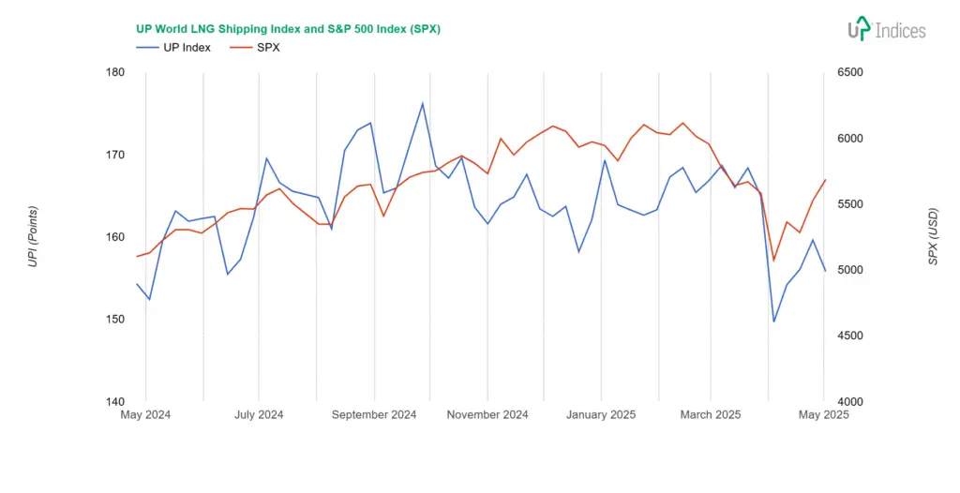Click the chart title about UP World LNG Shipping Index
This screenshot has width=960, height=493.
click(x=288, y=29)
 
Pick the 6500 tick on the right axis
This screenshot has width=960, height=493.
click(x=847, y=72)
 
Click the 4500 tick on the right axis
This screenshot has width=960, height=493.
click(x=847, y=336)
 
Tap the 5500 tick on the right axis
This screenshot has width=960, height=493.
click(x=847, y=204)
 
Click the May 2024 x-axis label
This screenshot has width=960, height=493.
click(x=145, y=414)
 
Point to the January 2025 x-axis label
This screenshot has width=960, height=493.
click(x=601, y=414)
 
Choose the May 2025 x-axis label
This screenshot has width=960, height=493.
click(x=824, y=414)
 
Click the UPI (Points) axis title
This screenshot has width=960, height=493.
click(x=34, y=236)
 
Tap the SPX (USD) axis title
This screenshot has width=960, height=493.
click(x=933, y=236)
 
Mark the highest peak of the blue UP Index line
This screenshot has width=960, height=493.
click(x=423, y=103)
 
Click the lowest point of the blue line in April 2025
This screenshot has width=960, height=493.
click(x=774, y=321)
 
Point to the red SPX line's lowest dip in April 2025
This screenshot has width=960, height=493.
click(x=774, y=261)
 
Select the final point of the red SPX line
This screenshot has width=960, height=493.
click(x=825, y=180)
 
